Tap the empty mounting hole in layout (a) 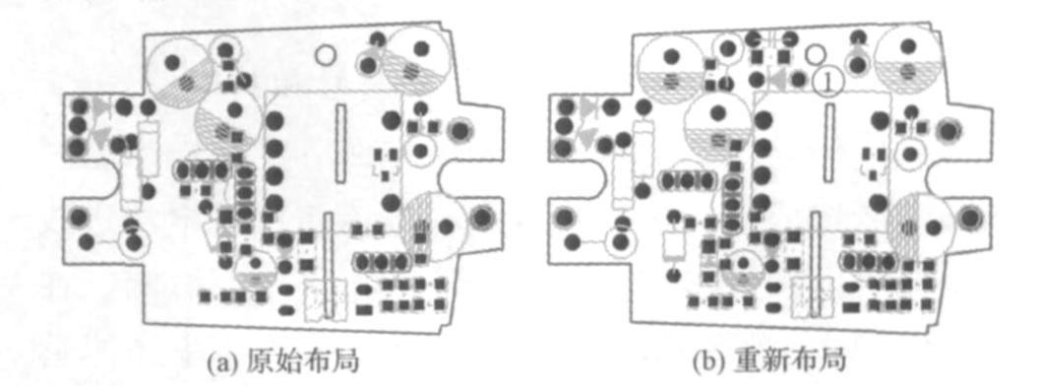pos(325,54)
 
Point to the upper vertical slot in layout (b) pos(828,142)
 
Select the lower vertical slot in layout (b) pos(815,265)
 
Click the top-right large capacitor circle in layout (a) pos(417,61)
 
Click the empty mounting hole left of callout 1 pos(815,52)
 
